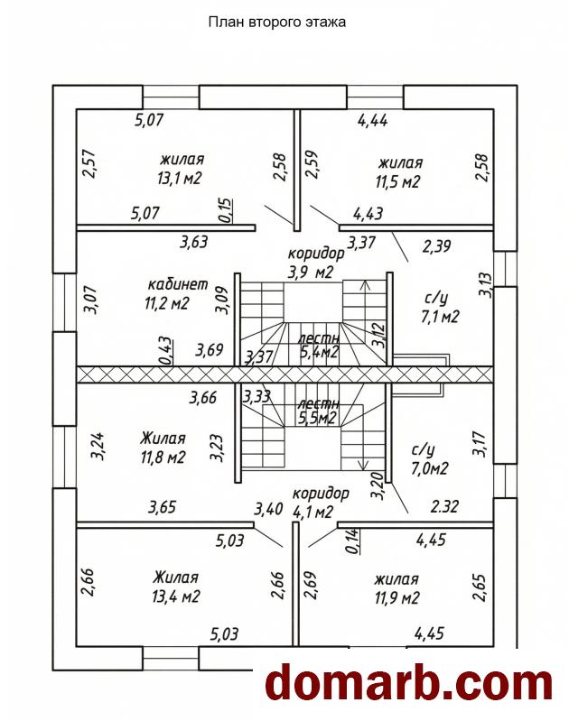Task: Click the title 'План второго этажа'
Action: click(x=276, y=22)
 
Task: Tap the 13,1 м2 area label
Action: click(x=180, y=178)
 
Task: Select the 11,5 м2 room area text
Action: click(x=397, y=181)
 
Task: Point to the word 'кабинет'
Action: click(x=178, y=284)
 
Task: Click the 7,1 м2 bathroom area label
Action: click(x=440, y=317)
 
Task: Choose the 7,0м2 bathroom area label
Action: click(x=430, y=468)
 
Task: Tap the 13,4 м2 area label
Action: click(x=176, y=596)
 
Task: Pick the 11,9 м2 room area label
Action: click(x=396, y=597)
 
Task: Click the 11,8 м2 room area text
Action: click(x=163, y=458)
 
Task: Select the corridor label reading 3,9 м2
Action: click(x=310, y=273)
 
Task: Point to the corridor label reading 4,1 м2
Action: click(x=312, y=512)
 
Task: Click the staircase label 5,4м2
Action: click(x=320, y=352)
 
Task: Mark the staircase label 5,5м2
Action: click(x=318, y=418)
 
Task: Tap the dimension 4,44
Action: click(x=372, y=121)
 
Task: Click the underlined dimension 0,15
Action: click(x=226, y=211)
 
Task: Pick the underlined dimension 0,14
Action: click(x=353, y=541)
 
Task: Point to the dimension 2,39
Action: click(x=436, y=246)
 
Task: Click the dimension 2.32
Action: click(x=444, y=507)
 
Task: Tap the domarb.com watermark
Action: click(x=409, y=684)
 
